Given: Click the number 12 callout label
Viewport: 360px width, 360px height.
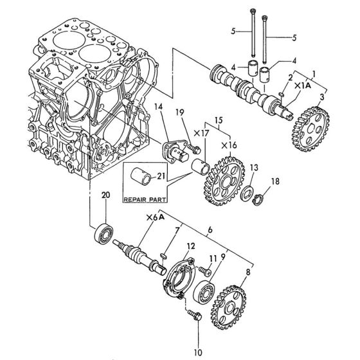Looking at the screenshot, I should [190, 245].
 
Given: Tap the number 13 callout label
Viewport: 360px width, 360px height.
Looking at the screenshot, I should [255, 166].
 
